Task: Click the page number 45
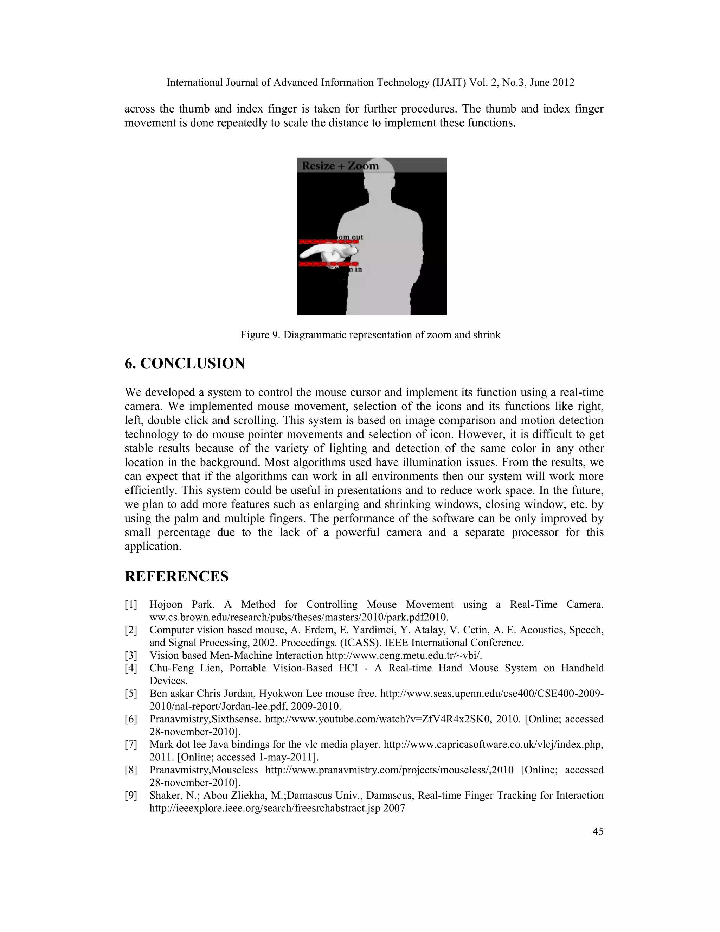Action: [x=598, y=831]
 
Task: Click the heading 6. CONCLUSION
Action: [x=185, y=363]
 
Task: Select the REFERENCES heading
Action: [x=176, y=576]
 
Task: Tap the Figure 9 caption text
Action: [x=370, y=334]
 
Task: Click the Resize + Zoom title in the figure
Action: [x=340, y=166]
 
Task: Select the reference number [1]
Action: [x=131, y=604]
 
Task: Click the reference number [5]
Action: [x=131, y=694]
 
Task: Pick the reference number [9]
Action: [x=131, y=796]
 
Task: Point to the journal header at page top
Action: [x=370, y=82]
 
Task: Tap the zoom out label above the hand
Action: [x=351, y=237]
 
